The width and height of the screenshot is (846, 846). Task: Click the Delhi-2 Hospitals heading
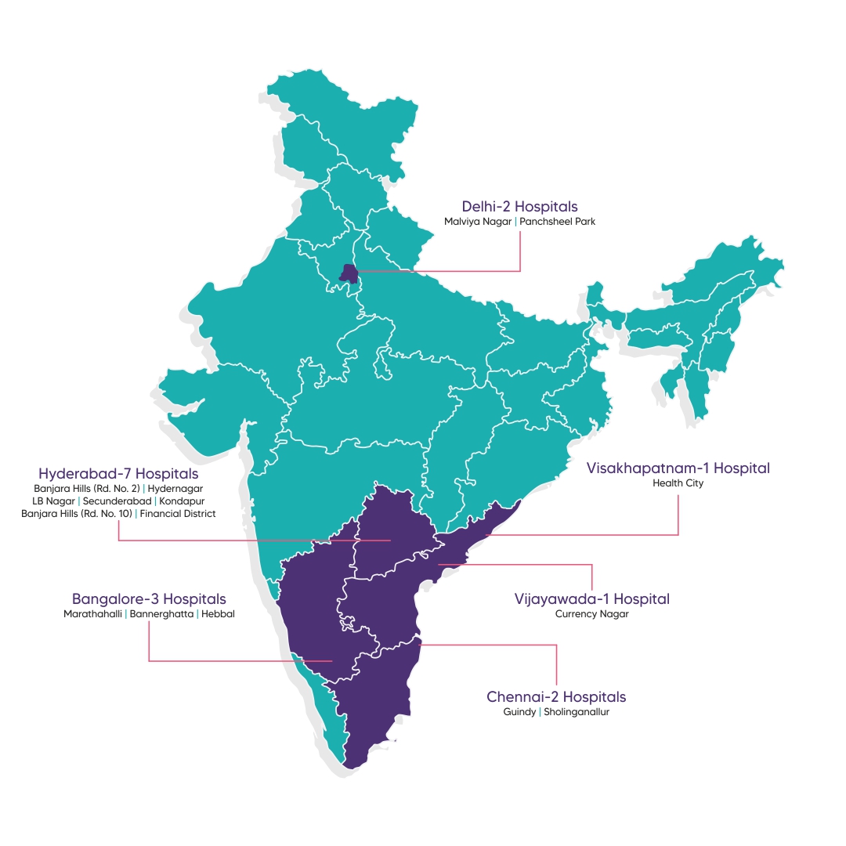[519, 207]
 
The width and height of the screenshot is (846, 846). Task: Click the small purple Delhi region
[349, 273]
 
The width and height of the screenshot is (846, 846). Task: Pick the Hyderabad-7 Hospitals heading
[118, 474]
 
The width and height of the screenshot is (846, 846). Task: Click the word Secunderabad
[117, 501]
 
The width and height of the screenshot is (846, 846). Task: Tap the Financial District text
[178, 513]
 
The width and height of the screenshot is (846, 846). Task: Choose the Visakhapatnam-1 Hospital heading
[678, 468]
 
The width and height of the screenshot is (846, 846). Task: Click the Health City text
[678, 483]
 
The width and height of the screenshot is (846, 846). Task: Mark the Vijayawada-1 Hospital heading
[592, 598]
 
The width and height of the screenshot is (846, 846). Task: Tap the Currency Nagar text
[592, 614]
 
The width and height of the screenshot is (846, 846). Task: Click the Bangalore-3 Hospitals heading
[149, 599]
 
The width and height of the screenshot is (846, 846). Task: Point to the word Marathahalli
[92, 614]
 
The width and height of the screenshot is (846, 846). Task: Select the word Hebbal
[218, 614]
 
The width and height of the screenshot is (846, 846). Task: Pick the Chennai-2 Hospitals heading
[556, 696]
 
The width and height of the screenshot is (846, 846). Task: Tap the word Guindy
[520, 712]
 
